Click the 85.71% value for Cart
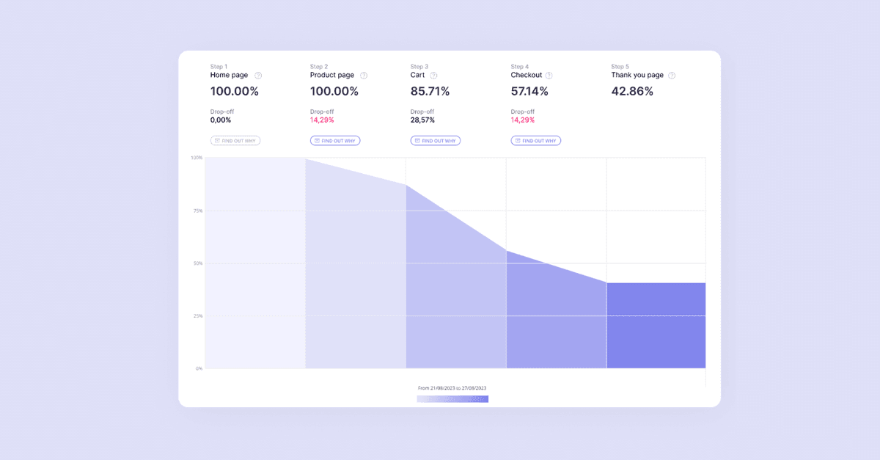430,92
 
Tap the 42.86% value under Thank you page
632,92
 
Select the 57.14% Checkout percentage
529,92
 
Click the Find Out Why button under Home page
235,141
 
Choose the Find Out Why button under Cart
436,141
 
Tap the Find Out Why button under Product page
335,141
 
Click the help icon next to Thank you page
672,76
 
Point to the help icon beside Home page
258,76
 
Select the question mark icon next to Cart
433,76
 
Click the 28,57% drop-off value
422,120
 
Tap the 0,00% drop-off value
221,120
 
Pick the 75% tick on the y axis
198,211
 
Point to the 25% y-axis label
198,316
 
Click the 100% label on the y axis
197,158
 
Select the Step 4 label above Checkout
519,67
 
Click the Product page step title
332,75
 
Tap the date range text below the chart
452,388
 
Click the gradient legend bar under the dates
452,399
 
